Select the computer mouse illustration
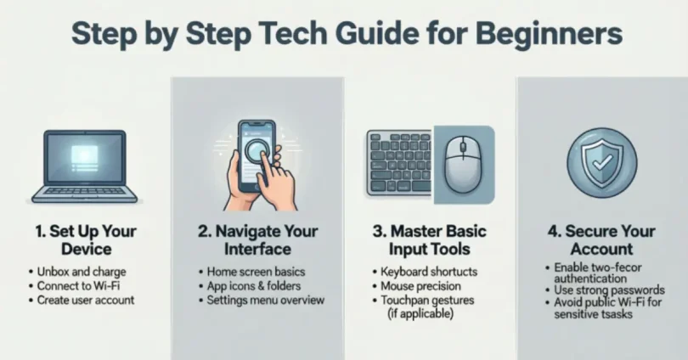pyautogui.click(x=464, y=165)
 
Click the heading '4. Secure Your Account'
pyautogui.click(x=601, y=239)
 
